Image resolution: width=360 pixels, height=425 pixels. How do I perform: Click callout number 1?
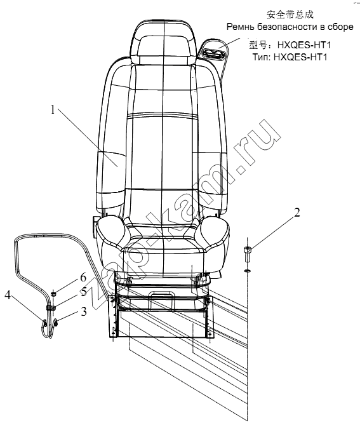click(53, 111)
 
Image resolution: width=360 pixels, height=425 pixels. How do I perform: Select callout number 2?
click(297, 212)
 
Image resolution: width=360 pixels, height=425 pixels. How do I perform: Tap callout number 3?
click(84, 311)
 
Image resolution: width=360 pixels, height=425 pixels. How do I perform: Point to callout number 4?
click(8, 295)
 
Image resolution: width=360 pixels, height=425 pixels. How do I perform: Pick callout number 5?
click(83, 292)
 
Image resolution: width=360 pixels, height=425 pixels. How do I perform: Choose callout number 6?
click(83, 278)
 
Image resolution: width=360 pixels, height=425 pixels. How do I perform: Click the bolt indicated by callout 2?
click(248, 254)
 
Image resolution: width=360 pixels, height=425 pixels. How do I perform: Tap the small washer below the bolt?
click(247, 271)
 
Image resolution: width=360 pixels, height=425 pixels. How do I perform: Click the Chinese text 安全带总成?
click(290, 15)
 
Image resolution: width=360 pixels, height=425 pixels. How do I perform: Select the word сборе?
click(340, 27)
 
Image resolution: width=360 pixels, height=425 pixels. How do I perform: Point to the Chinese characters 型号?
click(258, 44)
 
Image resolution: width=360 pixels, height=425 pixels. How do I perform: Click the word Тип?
click(262, 57)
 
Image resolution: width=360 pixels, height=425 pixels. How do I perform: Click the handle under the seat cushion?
click(161, 294)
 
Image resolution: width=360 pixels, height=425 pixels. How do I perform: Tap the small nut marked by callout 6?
click(53, 293)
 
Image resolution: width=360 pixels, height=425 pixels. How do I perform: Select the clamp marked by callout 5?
click(50, 308)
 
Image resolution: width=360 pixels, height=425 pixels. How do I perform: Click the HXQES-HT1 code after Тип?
click(300, 57)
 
